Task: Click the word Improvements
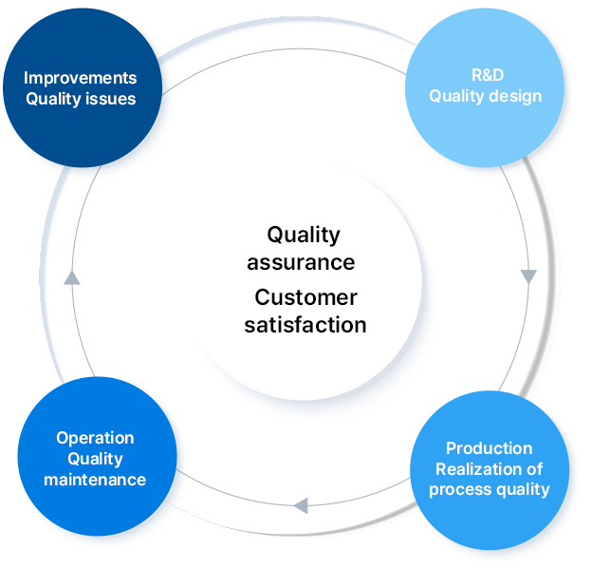tap(80, 78)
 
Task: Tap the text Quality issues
tap(81, 99)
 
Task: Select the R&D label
tap(486, 74)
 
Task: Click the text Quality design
tap(486, 95)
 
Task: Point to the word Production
tap(489, 448)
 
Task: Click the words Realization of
tap(489, 468)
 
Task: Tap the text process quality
tap(489, 489)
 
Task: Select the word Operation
tap(95, 438)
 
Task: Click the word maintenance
tap(95, 480)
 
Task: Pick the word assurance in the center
tap(302, 261)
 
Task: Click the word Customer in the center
tap(305, 298)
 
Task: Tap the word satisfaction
tap(305, 324)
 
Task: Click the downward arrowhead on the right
tap(528, 276)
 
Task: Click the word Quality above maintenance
tap(95, 459)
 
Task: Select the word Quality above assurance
tap(303, 235)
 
